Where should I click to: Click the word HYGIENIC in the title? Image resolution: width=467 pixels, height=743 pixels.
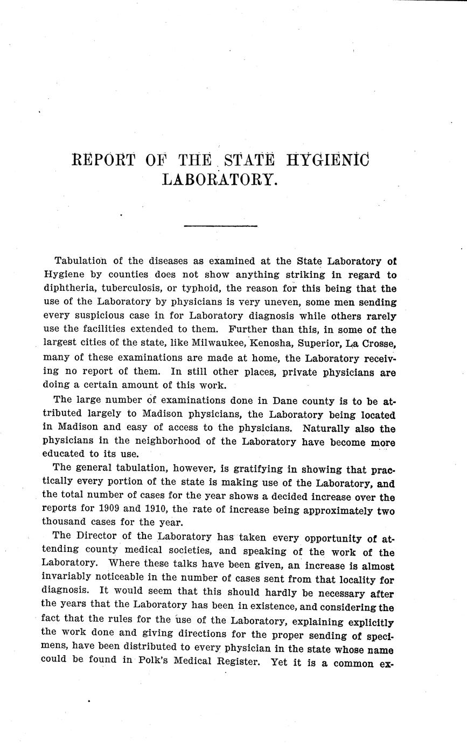[x=328, y=160]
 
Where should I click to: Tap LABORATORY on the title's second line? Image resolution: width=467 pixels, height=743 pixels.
[x=220, y=179]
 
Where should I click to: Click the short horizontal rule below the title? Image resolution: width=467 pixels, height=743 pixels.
[x=220, y=226]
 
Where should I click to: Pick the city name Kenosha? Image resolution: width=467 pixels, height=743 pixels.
[x=266, y=344]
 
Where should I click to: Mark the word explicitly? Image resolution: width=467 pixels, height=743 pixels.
[x=366, y=621]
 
